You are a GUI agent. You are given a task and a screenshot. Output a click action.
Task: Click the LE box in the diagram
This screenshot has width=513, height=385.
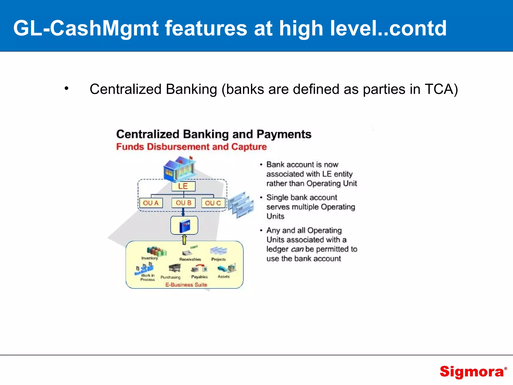tap(183, 186)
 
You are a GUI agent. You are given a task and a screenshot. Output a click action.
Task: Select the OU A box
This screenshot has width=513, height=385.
tap(151, 203)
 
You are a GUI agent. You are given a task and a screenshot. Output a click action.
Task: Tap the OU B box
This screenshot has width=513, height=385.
tap(183, 203)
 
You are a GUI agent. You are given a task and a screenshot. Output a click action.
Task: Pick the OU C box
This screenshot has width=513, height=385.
tap(213, 203)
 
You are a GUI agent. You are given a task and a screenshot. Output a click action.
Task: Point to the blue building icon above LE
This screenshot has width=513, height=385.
tap(179, 168)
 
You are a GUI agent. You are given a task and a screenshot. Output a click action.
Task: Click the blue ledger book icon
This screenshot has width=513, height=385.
tap(185, 226)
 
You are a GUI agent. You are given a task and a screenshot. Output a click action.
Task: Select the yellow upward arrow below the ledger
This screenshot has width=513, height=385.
tap(184, 240)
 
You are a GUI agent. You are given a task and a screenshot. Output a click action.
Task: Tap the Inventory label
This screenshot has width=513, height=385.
tap(150, 258)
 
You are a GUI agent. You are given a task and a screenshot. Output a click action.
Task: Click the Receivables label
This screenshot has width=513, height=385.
tap(190, 259)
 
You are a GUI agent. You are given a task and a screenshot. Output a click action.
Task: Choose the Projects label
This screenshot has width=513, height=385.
tap(218, 259)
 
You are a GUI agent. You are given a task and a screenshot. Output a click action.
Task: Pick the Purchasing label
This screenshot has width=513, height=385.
tap(170, 277)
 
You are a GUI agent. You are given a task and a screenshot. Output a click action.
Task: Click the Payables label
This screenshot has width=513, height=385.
tap(199, 277)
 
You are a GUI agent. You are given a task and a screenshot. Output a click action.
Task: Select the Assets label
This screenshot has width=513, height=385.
tap(224, 276)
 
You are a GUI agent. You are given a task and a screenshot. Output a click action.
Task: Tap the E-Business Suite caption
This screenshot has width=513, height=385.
tap(186, 285)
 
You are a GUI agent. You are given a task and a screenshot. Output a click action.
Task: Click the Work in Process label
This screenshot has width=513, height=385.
tap(148, 277)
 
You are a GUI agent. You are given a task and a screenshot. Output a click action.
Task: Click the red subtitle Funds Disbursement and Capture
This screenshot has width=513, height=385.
tap(191, 147)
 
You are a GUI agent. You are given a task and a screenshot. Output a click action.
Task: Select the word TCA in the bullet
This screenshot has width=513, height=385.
tap(441, 89)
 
